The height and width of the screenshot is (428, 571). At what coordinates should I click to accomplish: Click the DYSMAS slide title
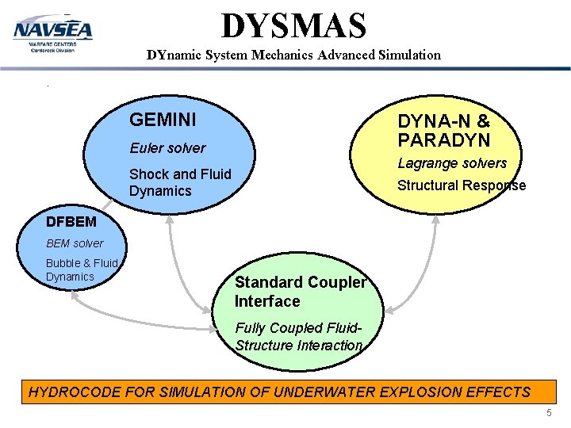click(x=293, y=25)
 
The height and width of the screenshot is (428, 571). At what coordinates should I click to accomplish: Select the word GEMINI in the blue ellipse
click(x=163, y=120)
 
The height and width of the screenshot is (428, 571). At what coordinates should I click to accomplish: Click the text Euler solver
click(x=167, y=148)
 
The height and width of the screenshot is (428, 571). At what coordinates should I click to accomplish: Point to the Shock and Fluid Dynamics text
click(x=180, y=182)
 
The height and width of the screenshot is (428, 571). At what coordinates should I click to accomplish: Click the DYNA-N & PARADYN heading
click(x=444, y=131)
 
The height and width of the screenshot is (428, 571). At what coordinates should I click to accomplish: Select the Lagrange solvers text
click(x=452, y=163)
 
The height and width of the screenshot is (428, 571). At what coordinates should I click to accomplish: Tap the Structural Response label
click(x=461, y=185)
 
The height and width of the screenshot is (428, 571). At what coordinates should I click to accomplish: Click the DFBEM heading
click(x=71, y=223)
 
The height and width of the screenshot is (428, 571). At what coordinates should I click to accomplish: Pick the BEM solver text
click(x=75, y=243)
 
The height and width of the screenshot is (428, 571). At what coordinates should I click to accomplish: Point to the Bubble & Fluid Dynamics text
click(x=81, y=269)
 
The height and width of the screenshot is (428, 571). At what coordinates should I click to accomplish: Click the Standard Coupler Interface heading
click(x=301, y=292)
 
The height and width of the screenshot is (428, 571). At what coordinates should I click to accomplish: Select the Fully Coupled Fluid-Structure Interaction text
click(x=299, y=337)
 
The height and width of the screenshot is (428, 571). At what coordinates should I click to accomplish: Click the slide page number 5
click(x=550, y=414)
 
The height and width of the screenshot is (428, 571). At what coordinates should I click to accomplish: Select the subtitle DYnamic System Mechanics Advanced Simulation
click(x=293, y=55)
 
